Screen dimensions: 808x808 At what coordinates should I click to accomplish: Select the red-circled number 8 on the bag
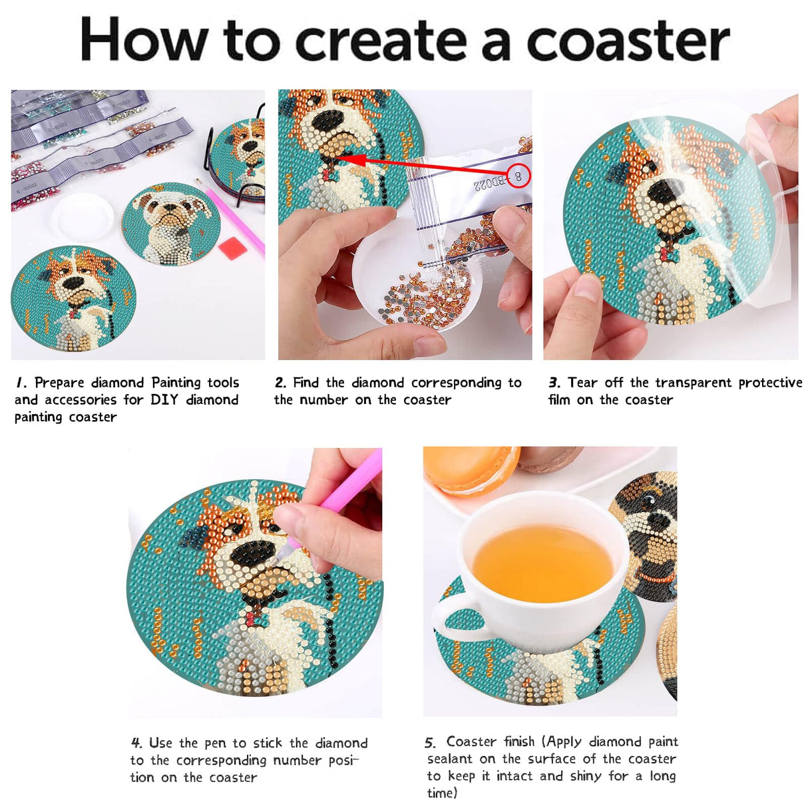518,176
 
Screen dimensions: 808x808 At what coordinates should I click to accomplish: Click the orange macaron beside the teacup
469,469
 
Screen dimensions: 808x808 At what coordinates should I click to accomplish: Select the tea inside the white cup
543,563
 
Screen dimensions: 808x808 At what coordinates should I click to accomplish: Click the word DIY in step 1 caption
164,400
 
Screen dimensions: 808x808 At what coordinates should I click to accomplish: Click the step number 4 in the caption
136,743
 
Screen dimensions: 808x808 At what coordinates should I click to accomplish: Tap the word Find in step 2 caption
306,383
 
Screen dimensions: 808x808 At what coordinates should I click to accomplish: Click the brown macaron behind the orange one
550,458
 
